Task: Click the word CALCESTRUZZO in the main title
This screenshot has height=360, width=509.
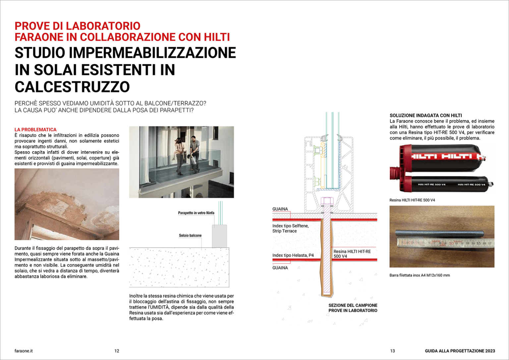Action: (72, 87)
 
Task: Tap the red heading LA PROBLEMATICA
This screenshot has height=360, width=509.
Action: (35, 130)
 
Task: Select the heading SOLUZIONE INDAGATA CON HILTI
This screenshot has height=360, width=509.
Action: (425, 115)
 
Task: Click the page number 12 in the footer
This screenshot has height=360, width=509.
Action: (117, 351)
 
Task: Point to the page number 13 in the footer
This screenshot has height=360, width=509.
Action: (392, 351)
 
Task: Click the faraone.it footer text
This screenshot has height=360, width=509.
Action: (24, 351)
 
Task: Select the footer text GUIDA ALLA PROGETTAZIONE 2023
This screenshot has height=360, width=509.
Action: (460, 351)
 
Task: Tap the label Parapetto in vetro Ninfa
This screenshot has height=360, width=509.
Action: (196, 213)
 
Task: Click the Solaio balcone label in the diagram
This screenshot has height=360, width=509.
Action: (190, 235)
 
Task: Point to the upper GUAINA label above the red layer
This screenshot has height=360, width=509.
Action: (280, 209)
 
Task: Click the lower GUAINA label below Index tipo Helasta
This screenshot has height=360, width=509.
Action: (280, 268)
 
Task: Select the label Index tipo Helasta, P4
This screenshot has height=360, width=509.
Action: (293, 255)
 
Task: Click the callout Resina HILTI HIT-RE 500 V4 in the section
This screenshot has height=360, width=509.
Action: (352, 254)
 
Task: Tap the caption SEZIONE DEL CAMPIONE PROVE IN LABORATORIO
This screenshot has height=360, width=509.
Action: (353, 308)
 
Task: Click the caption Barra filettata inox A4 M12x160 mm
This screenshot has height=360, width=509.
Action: (420, 275)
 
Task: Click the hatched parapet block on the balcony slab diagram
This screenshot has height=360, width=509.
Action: (219, 236)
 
